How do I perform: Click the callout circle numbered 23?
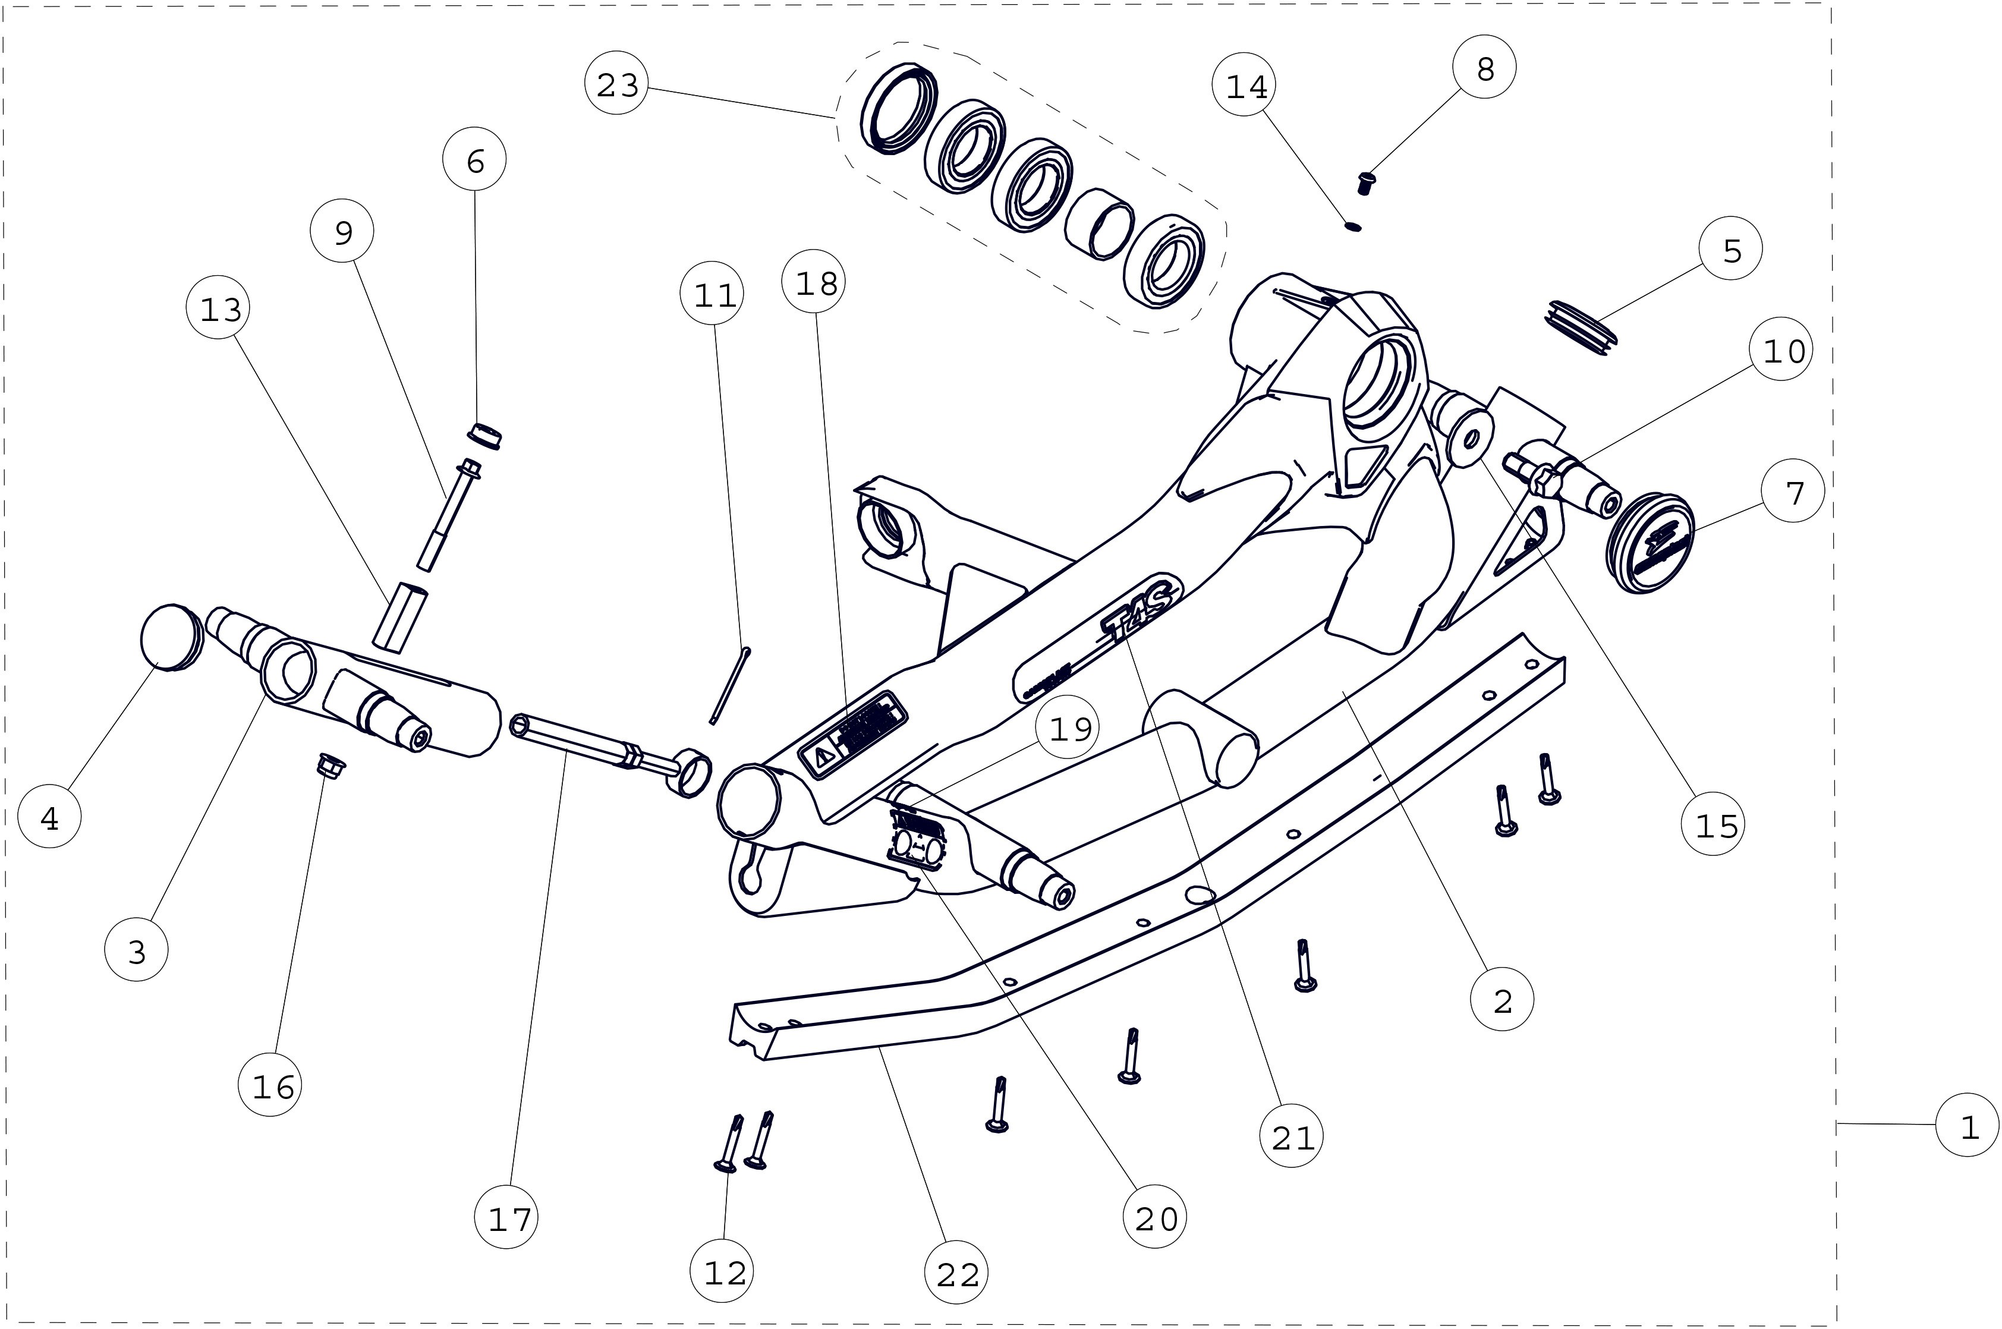617,85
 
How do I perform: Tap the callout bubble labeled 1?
1968,1126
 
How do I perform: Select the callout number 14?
1245,86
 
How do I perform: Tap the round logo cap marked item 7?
1650,543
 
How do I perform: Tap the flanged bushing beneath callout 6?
485,436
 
